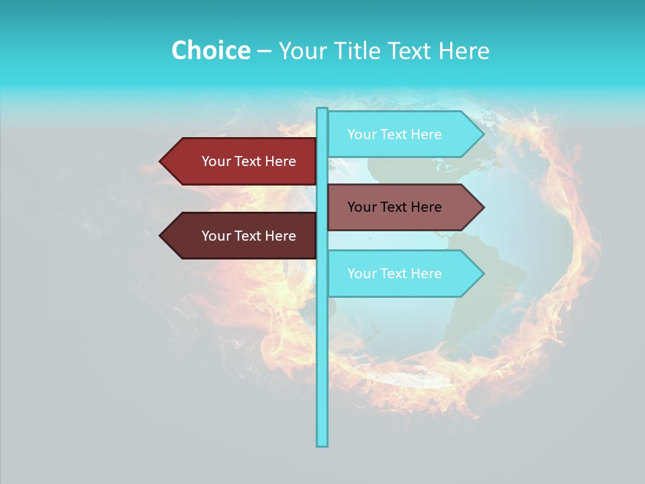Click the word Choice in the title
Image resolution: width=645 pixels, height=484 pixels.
210,50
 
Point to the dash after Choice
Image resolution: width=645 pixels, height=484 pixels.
264,51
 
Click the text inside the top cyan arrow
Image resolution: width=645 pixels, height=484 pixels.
394,134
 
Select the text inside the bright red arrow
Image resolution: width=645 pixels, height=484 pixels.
249,161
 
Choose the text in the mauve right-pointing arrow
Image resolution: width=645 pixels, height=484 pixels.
394,207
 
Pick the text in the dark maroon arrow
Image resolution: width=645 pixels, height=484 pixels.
249,236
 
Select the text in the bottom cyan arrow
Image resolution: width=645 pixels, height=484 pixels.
394,274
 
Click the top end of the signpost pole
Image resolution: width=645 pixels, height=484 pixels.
322,110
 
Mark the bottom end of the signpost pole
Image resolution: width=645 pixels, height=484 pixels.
322,444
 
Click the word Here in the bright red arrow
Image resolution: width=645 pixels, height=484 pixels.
281,161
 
